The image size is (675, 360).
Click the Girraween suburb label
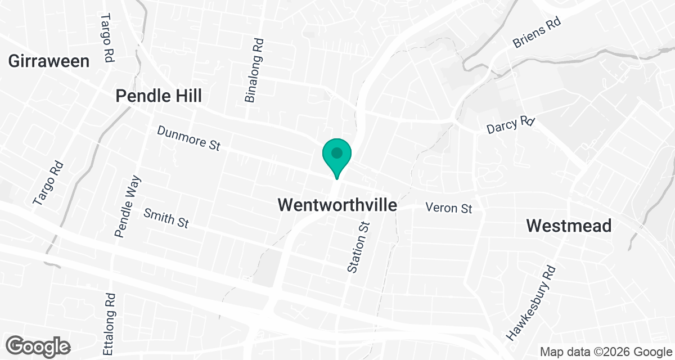pos(49,61)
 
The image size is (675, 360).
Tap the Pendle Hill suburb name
pos(158,96)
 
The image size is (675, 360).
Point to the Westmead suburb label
pos(569,226)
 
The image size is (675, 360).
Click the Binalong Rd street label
pos(254,70)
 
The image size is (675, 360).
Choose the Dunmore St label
pos(188,138)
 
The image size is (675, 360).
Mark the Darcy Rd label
pos(510,125)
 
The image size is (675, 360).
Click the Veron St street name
pos(448,208)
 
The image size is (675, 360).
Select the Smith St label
pos(166,218)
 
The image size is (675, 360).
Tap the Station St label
pos(359,247)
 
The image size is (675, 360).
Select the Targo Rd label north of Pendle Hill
pos(106,38)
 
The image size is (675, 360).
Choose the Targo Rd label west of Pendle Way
pos(48,183)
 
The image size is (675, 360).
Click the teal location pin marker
pos(336,158)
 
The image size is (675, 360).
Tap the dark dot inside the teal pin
pos(336,152)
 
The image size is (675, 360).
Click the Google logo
pos(39,345)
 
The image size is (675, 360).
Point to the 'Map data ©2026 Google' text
pos(605,352)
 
